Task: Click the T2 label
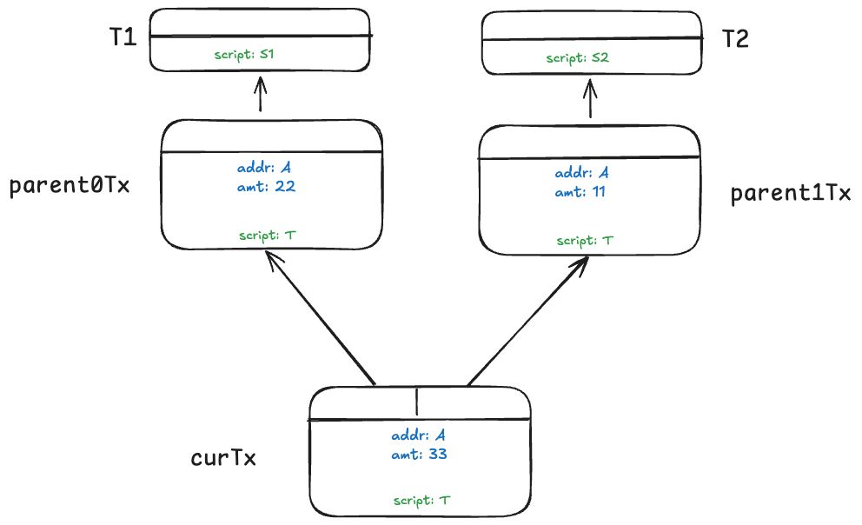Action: pyautogui.click(x=735, y=39)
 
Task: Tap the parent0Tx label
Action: pyautogui.click(x=70, y=187)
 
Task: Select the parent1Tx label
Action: pyautogui.click(x=790, y=193)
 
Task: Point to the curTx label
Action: pyautogui.click(x=223, y=458)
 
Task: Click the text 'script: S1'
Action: pyautogui.click(x=245, y=55)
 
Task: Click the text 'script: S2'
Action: pyautogui.click(x=578, y=58)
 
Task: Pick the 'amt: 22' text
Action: pyautogui.click(x=267, y=185)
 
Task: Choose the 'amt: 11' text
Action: pyautogui.click(x=580, y=192)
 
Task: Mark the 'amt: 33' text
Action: pyautogui.click(x=419, y=454)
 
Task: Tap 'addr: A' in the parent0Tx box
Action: pyautogui.click(x=269, y=167)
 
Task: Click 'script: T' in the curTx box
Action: pyautogui.click(x=421, y=500)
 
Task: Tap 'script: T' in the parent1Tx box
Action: pyautogui.click(x=585, y=240)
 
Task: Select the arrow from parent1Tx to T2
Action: pyautogui.click(x=591, y=98)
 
